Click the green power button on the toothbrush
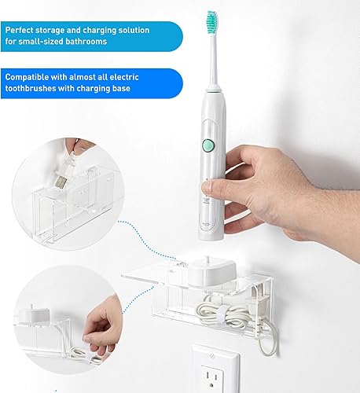208,145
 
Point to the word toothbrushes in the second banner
32,90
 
